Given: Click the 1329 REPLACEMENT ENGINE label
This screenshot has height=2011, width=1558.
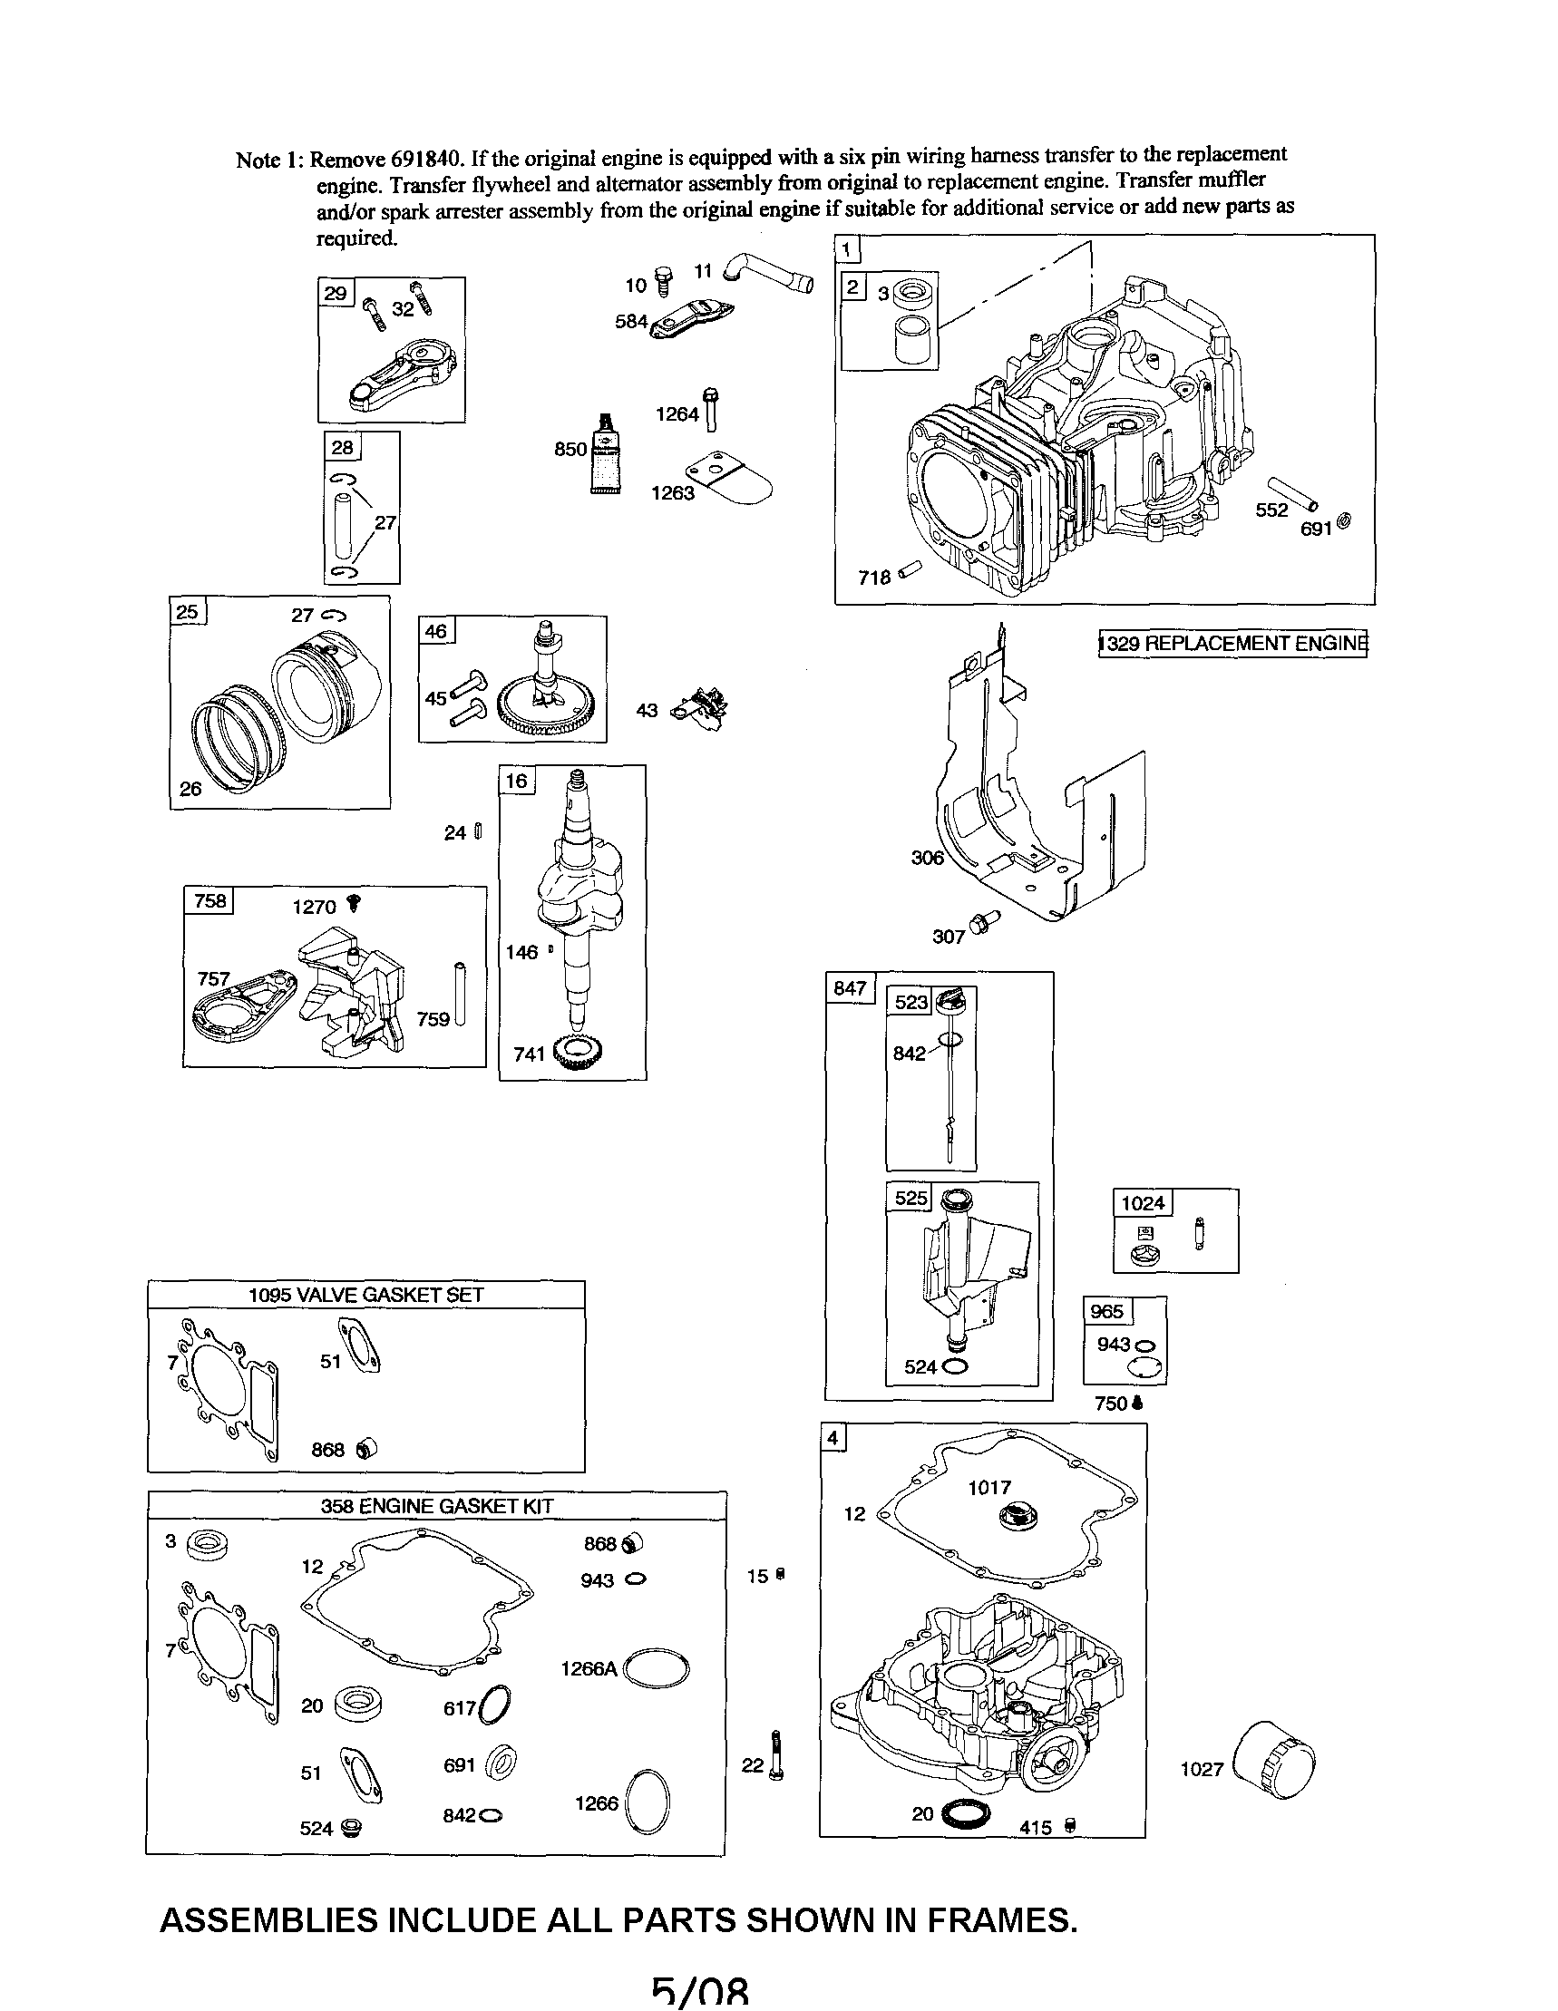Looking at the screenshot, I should [1233, 643].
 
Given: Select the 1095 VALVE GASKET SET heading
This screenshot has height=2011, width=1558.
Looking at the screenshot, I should [365, 1294].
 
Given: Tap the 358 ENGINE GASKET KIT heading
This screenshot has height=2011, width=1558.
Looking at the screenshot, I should [436, 1505].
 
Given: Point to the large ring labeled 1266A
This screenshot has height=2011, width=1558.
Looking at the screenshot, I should [657, 1667].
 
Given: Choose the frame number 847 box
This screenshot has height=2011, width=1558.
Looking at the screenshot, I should [849, 988].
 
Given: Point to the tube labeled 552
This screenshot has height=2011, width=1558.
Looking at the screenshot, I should [1294, 493].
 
